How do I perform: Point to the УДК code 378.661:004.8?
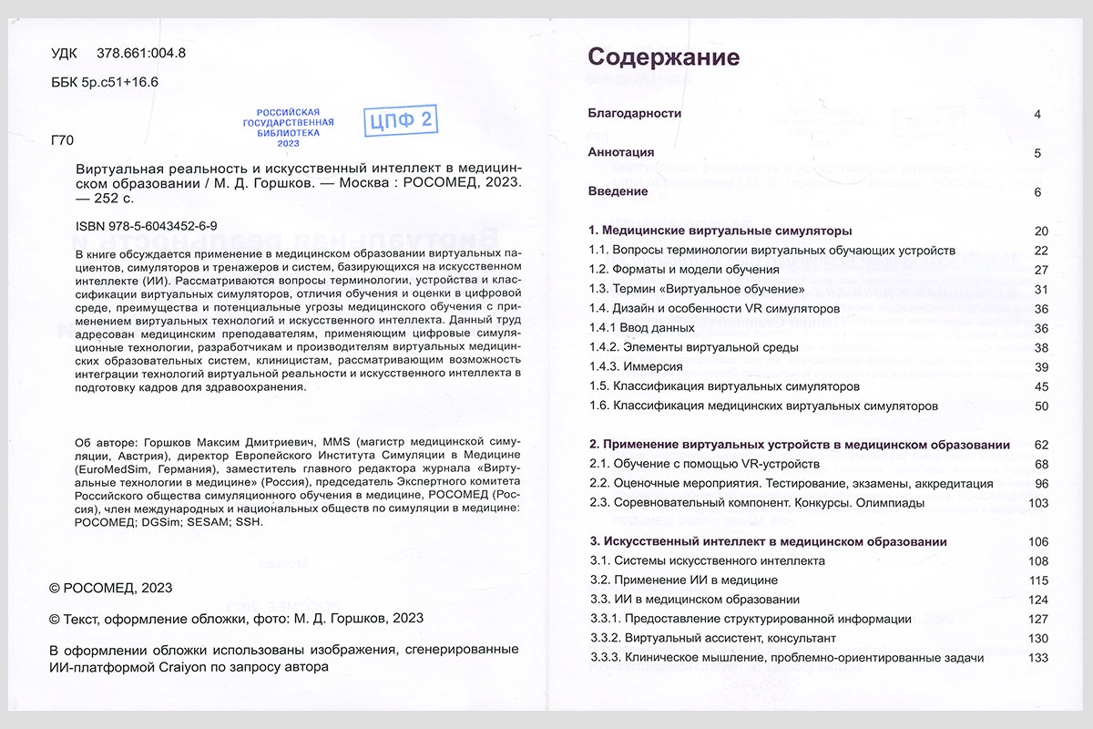[140, 53]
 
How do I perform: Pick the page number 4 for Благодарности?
[1037, 114]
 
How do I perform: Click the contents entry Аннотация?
[621, 152]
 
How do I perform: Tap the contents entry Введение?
[618, 191]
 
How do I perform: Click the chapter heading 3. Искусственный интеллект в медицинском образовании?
[768, 541]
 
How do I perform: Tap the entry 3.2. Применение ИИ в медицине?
[683, 580]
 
